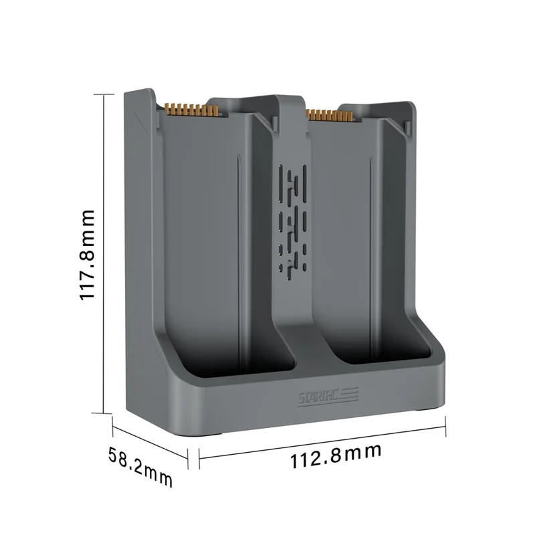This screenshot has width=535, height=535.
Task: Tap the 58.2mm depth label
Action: [x=140, y=466]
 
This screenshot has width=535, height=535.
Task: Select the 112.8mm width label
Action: [x=335, y=457]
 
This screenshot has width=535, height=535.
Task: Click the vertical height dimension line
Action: [x=104, y=253]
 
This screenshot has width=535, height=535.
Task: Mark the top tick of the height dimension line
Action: [x=104, y=95]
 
